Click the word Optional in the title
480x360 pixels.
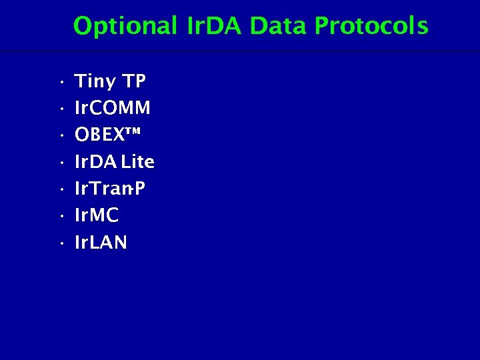(125, 27)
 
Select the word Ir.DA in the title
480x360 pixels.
(214, 27)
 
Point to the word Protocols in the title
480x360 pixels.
(371, 27)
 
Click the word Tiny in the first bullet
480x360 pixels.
(95, 82)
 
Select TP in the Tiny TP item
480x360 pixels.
(134, 81)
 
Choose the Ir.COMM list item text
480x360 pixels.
(112, 108)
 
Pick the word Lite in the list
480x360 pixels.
(137, 162)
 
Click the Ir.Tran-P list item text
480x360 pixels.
(110, 189)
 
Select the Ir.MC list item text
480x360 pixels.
(97, 216)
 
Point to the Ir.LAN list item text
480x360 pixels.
(101, 243)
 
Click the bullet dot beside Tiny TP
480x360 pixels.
(60, 83)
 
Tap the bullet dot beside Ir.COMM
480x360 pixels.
(60, 110)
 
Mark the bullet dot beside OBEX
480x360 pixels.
(60, 137)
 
